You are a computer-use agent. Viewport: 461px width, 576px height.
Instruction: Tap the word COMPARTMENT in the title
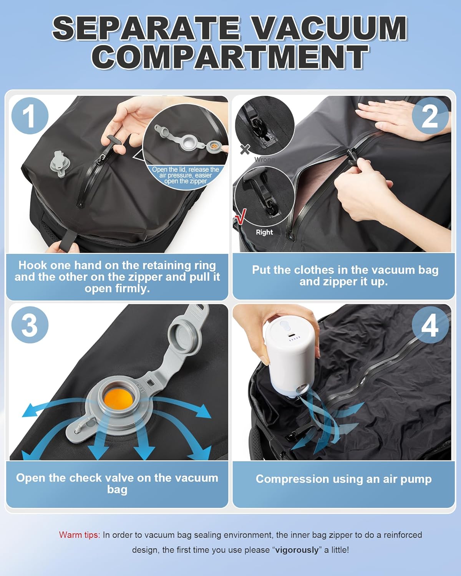point(230,57)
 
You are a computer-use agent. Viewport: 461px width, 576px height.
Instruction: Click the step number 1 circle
point(30,116)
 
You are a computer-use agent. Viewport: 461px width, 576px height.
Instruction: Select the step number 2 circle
point(430,116)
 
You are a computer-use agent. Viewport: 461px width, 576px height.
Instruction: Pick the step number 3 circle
point(30,325)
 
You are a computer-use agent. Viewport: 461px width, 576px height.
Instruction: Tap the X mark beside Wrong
point(245,149)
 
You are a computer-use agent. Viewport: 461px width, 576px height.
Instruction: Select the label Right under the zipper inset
point(264,232)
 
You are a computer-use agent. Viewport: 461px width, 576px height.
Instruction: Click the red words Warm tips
point(79,535)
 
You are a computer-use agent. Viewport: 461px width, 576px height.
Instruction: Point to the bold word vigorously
point(297,550)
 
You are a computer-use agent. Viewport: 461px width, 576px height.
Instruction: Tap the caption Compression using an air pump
point(343,479)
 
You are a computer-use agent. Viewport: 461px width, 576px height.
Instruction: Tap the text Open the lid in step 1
point(185,170)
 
